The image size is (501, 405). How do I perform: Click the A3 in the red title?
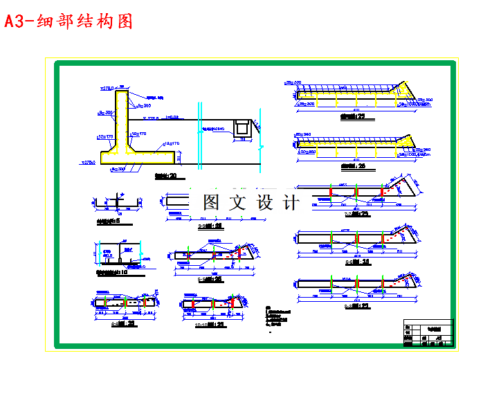coord(15,21)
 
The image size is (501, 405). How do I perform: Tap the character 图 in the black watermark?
coord(212,202)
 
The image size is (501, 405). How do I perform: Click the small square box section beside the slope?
coord(242,127)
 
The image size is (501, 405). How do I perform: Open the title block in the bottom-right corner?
coord(428,332)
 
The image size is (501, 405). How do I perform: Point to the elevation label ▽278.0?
coord(107,88)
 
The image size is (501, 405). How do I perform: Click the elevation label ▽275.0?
coord(88,163)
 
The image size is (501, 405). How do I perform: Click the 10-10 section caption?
coord(210,323)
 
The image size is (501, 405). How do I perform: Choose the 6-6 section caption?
coord(210,226)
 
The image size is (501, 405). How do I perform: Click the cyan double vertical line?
coord(199,135)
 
